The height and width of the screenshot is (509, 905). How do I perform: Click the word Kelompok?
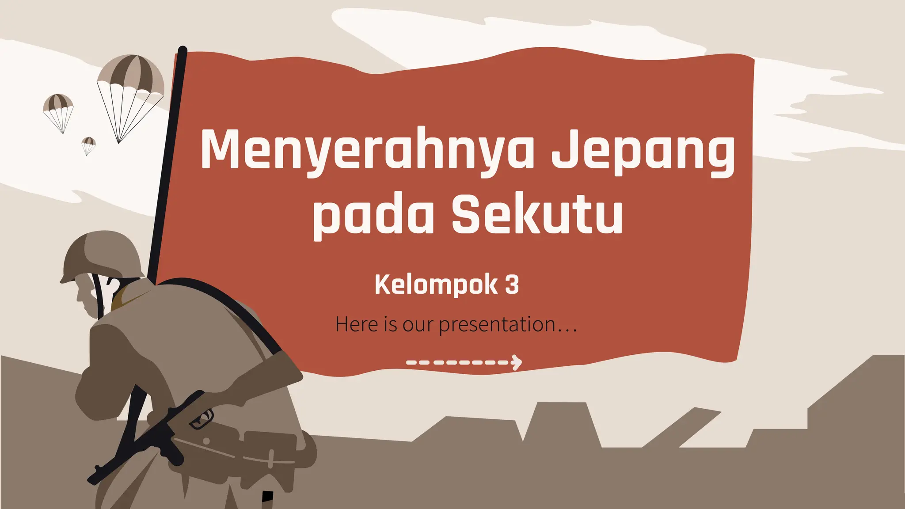point(436,285)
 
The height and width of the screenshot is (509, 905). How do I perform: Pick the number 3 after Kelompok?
point(512,285)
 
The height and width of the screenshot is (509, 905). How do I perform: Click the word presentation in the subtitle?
point(497,325)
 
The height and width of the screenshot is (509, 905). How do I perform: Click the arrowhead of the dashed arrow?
point(516,362)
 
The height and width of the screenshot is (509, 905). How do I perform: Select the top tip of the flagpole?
point(182,49)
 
